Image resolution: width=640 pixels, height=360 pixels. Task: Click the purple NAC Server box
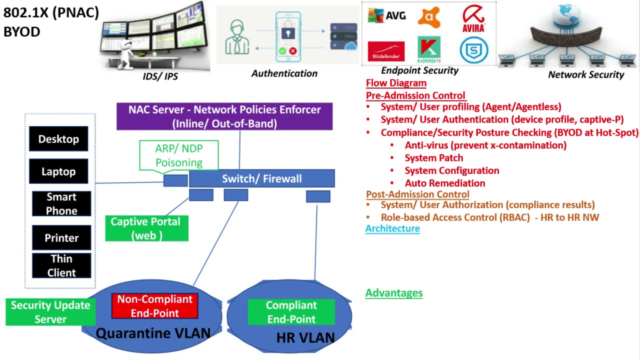pos(224,116)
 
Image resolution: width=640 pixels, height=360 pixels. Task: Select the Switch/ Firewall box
pos(261,178)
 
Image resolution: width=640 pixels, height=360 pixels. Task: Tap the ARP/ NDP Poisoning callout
pos(178,155)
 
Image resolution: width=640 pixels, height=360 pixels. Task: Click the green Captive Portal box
pos(146,228)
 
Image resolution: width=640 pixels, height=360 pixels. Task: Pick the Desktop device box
pos(58,139)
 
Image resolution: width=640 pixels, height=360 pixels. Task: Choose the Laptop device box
pos(58,171)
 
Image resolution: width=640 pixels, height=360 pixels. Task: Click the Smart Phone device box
pos(61,203)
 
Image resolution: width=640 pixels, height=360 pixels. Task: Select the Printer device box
pos(61,237)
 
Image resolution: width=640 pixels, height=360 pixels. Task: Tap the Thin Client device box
pos(61,265)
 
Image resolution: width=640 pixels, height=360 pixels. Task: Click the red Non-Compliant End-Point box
pos(154,306)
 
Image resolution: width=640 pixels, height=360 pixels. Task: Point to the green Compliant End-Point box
pos(291,312)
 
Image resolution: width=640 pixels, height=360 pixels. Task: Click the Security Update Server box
pos(50,312)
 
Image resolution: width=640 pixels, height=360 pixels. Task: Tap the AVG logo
pos(386,16)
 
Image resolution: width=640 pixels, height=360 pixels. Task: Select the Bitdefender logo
pos(386,51)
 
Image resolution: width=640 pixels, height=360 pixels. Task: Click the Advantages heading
pos(394,293)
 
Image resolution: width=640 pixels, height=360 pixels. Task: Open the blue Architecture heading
pos(392,228)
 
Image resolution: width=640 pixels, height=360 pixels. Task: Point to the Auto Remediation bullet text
pos(444,183)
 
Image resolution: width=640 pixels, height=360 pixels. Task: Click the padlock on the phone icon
pos(287,32)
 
